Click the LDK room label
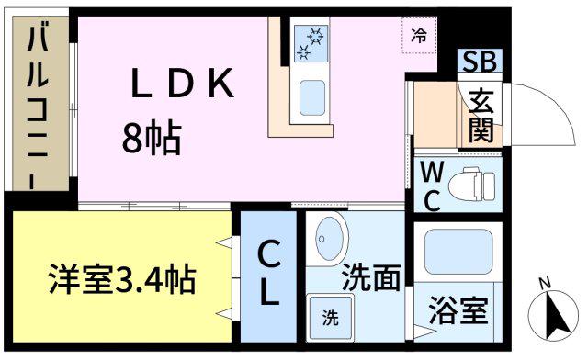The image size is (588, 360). pos(183,84)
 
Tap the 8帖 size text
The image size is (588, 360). pos(152,138)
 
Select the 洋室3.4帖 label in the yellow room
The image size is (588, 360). pos(122,279)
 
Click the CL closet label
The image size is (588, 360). pos(269,273)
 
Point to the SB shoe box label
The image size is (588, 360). pos(480,62)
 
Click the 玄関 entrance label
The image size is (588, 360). pos(481,117)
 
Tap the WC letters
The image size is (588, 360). pos(432,186)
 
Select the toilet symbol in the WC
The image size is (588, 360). pos(471,185)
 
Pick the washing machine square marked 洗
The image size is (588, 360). pos(331,318)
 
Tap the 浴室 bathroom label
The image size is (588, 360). pos(458,310)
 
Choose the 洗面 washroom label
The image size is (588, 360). pos(371,277)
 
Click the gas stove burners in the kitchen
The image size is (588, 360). pos(311,43)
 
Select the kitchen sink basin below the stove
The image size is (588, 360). pos(312,97)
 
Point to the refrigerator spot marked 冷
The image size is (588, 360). pos(419,36)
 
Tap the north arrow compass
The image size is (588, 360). pos(553,315)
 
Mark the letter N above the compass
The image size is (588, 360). pos(546,283)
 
